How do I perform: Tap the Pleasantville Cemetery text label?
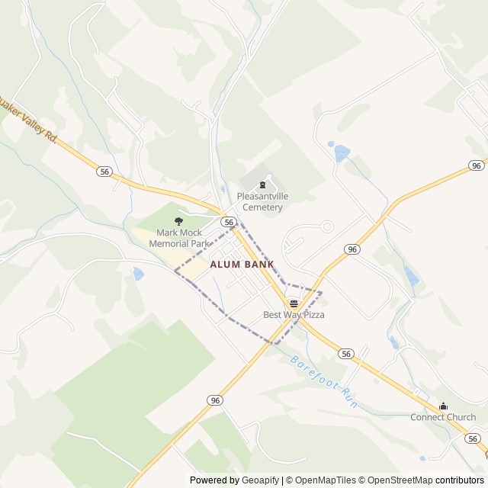[262, 201]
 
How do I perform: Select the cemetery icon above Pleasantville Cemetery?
[263, 185]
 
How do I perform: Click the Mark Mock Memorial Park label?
[178, 238]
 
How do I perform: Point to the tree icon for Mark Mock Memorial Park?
[179, 221]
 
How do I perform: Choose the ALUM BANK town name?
[242, 265]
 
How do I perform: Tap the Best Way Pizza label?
[294, 315]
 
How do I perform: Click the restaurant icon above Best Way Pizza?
[294, 303]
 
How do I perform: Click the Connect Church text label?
[443, 417]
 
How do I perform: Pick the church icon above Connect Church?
[443, 406]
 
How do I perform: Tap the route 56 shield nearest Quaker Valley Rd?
[104, 172]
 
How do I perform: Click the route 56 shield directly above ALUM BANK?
[228, 221]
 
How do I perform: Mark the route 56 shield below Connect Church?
[473, 438]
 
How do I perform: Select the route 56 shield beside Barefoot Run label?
[347, 354]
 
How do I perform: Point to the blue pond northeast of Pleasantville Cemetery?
[341, 153]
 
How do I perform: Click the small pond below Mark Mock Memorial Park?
[138, 273]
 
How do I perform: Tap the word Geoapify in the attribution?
[261, 480]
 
